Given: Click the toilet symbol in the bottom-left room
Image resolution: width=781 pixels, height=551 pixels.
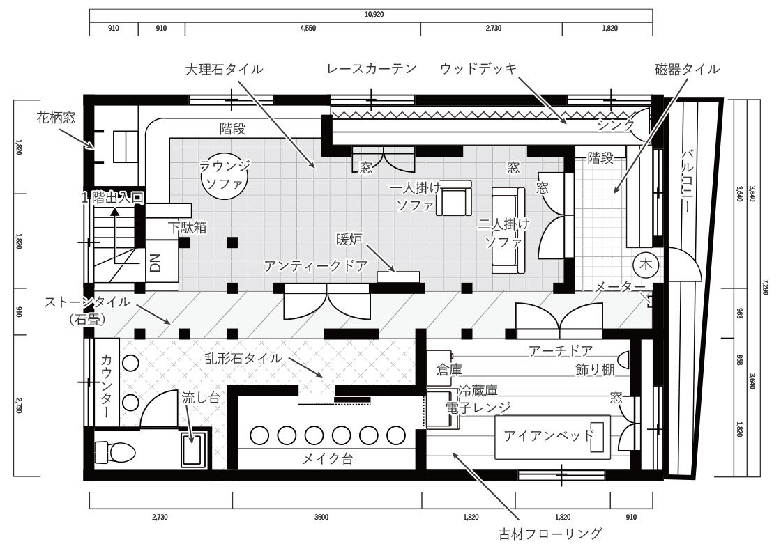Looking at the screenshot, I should pos(119,451).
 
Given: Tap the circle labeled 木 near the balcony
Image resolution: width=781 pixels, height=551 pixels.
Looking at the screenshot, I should pos(646,265).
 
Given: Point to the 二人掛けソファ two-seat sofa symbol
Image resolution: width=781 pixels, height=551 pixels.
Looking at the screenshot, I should pos(505,230).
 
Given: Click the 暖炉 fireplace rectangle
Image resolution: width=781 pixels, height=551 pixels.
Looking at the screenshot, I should pos(399,277).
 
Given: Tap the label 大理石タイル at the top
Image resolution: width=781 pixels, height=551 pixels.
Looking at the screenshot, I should pos(224,69).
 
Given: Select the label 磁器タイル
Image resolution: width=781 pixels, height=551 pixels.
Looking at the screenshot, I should pos(686,69).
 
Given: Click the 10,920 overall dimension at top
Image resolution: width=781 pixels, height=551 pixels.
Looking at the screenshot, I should pos(374,15).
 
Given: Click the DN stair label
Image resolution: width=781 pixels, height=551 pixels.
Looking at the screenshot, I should pos(156,262).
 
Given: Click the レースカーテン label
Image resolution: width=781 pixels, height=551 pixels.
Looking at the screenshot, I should pos(372,69).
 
